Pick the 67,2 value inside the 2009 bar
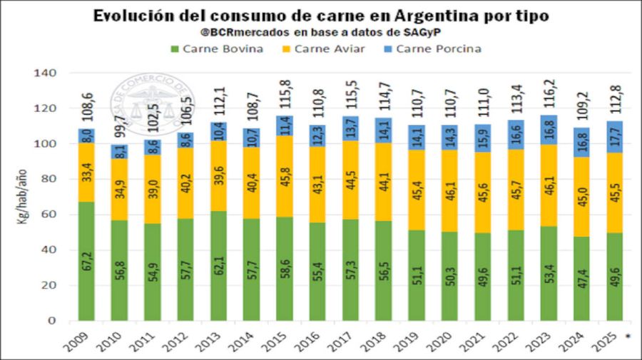[87, 261]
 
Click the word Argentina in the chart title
[419, 16]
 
